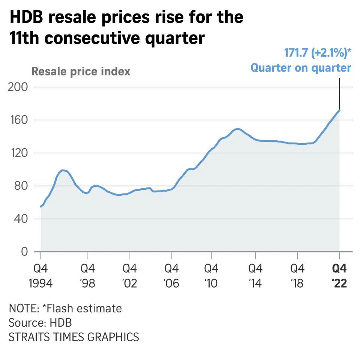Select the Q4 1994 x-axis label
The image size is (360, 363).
pyautogui.click(x=40, y=276)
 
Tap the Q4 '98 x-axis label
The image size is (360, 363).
pyautogui.click(x=88, y=276)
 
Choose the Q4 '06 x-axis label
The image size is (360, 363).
pyautogui.click(x=171, y=276)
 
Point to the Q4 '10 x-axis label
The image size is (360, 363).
pyautogui.click(x=211, y=276)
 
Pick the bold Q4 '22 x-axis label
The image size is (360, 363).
pyautogui.click(x=340, y=276)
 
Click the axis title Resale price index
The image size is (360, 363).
pyautogui.click(x=81, y=71)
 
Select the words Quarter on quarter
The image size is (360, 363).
pyautogui.click(x=301, y=68)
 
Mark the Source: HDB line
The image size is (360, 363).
pyautogui.click(x=40, y=322)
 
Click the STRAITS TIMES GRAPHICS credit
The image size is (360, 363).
pyautogui.click(x=73, y=337)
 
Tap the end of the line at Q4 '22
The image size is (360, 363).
pyautogui.click(x=339, y=110)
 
